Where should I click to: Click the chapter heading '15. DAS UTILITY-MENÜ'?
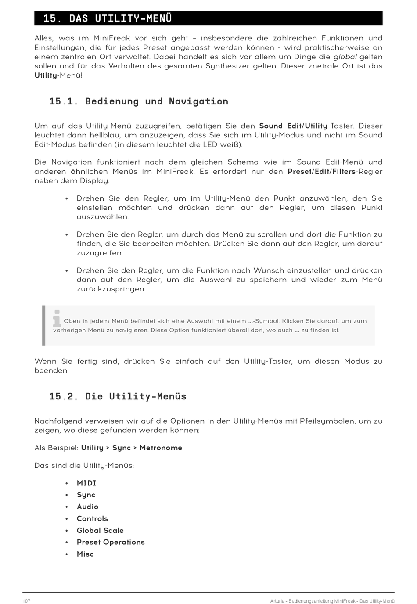tap(108, 18)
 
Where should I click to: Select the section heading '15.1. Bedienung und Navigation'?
tap(138, 101)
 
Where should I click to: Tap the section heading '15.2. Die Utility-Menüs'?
tap(118, 396)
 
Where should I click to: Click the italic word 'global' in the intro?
tap(345, 57)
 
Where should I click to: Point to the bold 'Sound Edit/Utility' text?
tap(293, 126)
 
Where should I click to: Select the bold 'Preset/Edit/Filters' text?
tap(321, 172)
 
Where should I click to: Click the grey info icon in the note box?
tap(57, 319)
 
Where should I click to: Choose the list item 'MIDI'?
tap(86, 483)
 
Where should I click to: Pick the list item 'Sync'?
tap(86, 495)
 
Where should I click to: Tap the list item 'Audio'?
tap(87, 507)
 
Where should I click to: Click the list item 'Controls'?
tap(92, 519)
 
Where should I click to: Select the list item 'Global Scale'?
tap(100, 531)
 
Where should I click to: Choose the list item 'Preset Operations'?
tap(111, 543)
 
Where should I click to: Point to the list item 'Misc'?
tap(85, 554)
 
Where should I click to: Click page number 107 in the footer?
tap(26, 601)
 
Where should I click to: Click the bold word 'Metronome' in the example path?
tap(161, 448)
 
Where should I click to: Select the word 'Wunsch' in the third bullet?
tap(269, 271)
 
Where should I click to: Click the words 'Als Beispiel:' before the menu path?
tap(57, 448)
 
